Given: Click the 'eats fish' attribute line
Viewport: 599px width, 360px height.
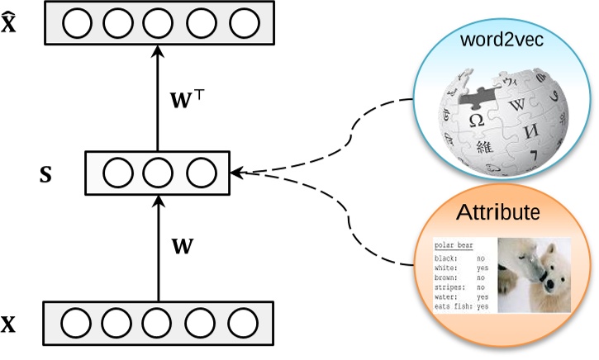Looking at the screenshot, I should [462, 306].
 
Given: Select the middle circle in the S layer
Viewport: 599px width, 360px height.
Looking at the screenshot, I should [156, 173].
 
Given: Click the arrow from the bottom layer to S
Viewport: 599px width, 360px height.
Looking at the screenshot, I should [156, 248].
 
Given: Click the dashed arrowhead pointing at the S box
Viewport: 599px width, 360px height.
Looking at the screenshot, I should [239, 173].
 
